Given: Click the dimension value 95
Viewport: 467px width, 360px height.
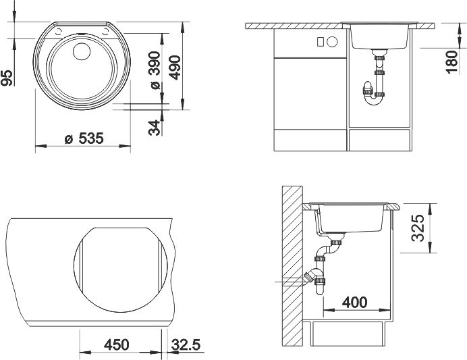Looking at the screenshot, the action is (x=7, y=78).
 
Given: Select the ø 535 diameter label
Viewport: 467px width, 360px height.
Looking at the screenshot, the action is (x=84, y=138).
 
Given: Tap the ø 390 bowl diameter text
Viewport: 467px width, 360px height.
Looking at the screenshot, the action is (x=155, y=70).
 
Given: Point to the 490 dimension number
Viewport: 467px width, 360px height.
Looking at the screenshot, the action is (x=175, y=68).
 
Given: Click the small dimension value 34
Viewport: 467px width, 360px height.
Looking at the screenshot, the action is (x=155, y=128).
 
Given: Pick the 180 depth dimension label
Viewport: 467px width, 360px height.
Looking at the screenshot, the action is (x=451, y=62).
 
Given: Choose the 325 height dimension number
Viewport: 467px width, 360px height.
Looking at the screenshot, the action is (x=417, y=228).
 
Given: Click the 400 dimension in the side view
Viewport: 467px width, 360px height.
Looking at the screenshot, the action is (x=355, y=303).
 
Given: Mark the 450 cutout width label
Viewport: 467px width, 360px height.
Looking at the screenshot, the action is (x=117, y=344).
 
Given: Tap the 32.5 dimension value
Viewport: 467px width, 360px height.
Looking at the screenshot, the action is (x=186, y=345).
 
